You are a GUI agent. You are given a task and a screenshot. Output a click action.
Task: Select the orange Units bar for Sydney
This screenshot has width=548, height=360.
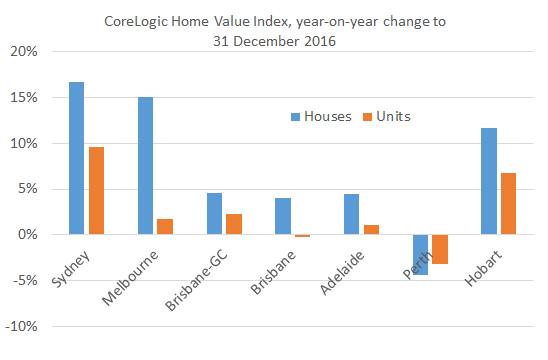pyautogui.click(x=96, y=191)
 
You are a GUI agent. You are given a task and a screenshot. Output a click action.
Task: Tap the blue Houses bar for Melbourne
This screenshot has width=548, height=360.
pyautogui.click(x=145, y=166)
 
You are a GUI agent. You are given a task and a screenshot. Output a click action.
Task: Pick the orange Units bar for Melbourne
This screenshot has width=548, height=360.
pyautogui.click(x=165, y=227)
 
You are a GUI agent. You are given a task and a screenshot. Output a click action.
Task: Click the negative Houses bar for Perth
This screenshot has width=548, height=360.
pyautogui.click(x=420, y=255)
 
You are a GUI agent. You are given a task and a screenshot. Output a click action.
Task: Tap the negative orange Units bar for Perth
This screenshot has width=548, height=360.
pyautogui.click(x=440, y=249)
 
